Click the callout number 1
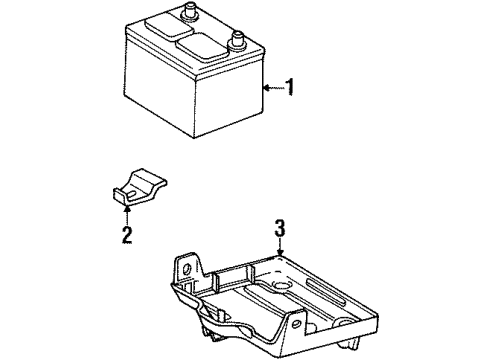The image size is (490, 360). point(290,88)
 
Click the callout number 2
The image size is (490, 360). point(127,235)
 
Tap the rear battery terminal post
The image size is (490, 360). point(188,13)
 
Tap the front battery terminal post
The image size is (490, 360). point(238,42)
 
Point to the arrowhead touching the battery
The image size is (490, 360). point(266,88)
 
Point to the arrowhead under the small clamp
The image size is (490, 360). point(127,210)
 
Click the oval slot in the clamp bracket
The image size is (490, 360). point(132,186)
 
